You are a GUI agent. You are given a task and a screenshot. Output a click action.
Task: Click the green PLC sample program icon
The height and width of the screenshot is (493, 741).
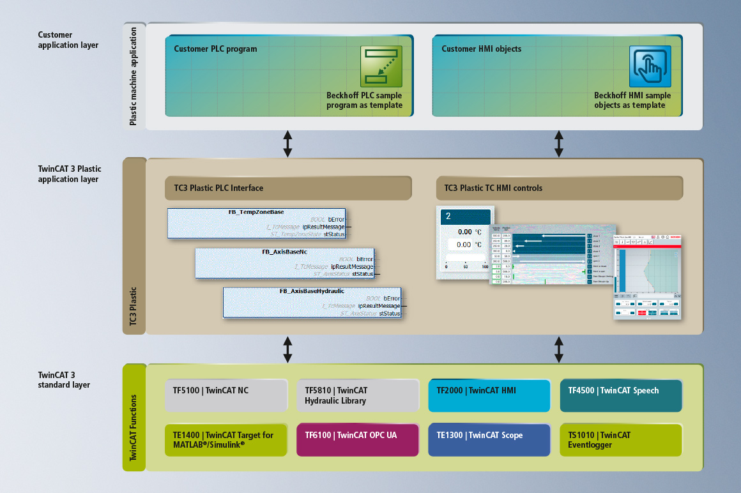381,66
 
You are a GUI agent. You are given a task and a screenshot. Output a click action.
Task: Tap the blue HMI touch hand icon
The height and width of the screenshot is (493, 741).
650,66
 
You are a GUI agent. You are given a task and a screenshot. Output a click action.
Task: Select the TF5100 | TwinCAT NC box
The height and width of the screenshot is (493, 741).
225,396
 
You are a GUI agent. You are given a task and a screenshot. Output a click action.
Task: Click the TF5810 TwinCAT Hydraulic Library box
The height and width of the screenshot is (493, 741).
358,396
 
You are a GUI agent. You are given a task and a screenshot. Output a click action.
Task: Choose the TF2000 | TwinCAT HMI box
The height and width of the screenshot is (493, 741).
489,396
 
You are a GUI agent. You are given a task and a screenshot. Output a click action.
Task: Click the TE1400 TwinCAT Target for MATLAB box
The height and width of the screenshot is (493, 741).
225,440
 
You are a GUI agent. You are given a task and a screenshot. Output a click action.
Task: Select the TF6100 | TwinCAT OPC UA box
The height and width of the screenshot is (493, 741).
358,440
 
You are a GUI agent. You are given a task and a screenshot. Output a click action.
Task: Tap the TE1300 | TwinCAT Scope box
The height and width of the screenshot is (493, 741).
489,440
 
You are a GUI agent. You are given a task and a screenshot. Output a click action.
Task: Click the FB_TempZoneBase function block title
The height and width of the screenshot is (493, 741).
256,211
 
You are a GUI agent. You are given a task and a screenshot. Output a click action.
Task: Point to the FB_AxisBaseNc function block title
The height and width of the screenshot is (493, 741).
284,252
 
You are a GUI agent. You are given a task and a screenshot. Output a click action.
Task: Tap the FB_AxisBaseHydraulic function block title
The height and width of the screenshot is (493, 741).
312,291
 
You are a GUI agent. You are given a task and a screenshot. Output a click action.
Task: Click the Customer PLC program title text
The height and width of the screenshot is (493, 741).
215,49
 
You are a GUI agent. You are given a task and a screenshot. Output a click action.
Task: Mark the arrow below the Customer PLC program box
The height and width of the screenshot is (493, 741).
288,144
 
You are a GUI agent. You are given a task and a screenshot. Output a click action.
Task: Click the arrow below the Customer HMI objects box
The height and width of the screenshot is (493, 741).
559,144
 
